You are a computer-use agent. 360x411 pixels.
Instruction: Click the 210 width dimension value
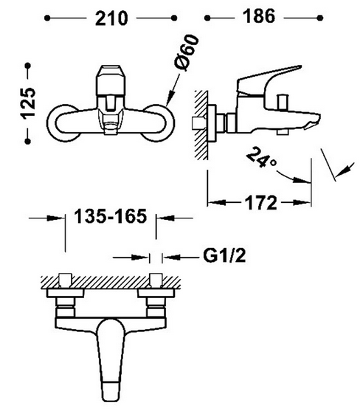click(x=111, y=18)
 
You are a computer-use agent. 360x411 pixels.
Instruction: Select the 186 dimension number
click(x=259, y=16)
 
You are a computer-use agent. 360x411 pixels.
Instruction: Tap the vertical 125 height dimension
click(x=29, y=103)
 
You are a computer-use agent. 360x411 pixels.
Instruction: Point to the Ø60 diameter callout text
click(x=186, y=52)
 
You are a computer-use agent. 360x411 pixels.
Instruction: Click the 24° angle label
click(x=261, y=157)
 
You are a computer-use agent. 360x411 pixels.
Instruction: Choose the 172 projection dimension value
click(x=260, y=203)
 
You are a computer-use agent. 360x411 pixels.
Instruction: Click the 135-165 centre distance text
click(x=111, y=216)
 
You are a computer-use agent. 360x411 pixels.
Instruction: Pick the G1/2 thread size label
click(x=224, y=255)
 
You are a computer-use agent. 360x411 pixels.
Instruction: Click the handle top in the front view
click(x=110, y=80)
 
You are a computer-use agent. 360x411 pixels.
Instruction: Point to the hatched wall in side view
click(x=201, y=125)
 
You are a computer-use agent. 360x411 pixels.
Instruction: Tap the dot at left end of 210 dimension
click(x=47, y=18)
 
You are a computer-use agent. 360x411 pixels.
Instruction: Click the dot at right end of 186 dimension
click(x=319, y=18)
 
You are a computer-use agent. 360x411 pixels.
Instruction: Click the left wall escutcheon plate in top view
click(x=65, y=294)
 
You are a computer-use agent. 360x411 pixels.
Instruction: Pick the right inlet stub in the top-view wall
click(x=156, y=280)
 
